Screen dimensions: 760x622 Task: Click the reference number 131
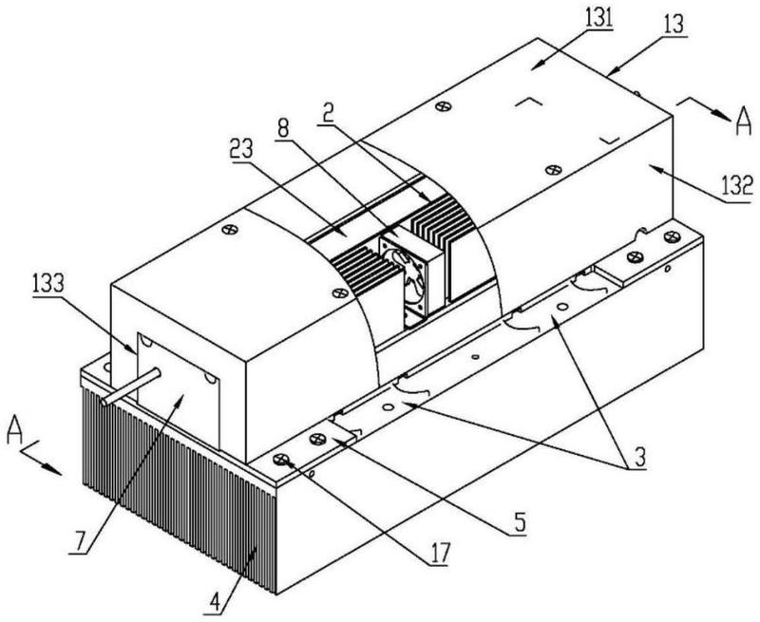pyautogui.click(x=598, y=19)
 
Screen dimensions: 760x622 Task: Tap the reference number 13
pyautogui.click(x=674, y=25)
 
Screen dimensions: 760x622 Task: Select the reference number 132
pyautogui.click(x=737, y=185)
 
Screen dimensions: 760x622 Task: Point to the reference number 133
pyautogui.click(x=48, y=283)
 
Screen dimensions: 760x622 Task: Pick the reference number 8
pyautogui.click(x=282, y=128)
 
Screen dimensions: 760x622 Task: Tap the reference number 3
pyautogui.click(x=639, y=457)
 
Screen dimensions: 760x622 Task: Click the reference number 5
pyautogui.click(x=519, y=522)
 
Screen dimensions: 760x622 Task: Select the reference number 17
pyautogui.click(x=440, y=553)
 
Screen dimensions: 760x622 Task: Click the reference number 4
pyautogui.click(x=215, y=603)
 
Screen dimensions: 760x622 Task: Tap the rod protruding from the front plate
pyautogui.click(x=131, y=387)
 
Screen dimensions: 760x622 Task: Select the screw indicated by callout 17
pyautogui.click(x=280, y=459)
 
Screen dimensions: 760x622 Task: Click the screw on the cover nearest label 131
pyautogui.click(x=443, y=106)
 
